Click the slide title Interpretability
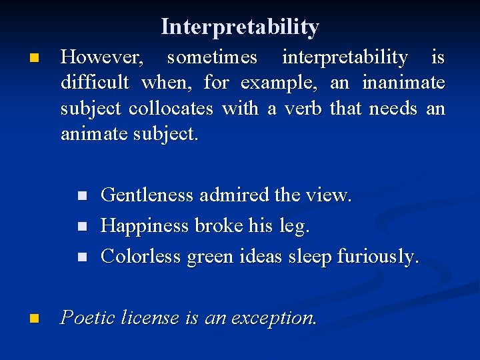point(240,27)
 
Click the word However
point(102,58)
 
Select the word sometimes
point(212,58)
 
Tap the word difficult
point(95,83)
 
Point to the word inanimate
point(403,83)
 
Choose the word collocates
point(171,109)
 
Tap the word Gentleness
point(147,195)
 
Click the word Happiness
point(145,226)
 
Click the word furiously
point(378,257)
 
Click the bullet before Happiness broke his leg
point(82,227)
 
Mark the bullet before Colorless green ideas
point(82,257)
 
